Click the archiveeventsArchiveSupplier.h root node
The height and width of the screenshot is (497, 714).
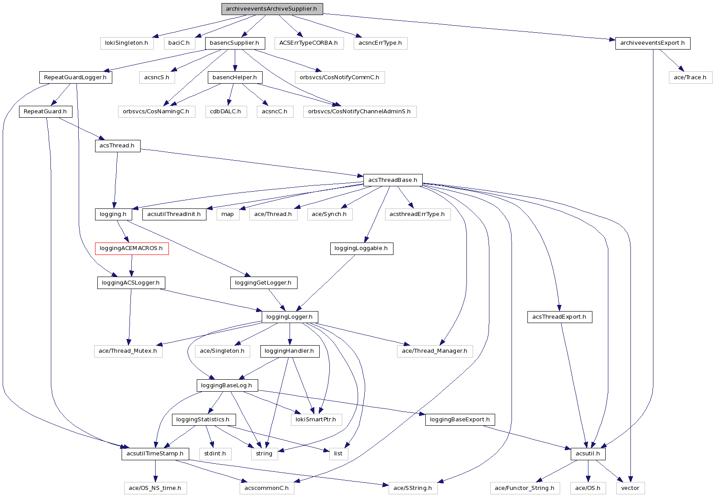(x=271, y=9)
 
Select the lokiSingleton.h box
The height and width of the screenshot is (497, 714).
(x=126, y=43)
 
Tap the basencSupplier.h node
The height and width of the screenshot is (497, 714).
(x=234, y=43)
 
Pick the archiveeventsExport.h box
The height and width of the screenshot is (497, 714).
(x=652, y=43)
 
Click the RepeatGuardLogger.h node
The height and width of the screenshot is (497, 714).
(x=75, y=77)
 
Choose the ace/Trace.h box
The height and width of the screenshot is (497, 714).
(x=690, y=77)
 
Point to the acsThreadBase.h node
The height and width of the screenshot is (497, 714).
(x=393, y=180)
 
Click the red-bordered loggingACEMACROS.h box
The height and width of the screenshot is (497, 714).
(x=131, y=248)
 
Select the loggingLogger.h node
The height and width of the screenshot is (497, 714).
(x=290, y=317)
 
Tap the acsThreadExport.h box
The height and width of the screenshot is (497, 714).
(x=559, y=317)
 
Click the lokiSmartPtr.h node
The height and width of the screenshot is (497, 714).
(x=316, y=420)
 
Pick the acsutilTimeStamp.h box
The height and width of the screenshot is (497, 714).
(x=155, y=454)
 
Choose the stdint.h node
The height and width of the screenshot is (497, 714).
(x=215, y=454)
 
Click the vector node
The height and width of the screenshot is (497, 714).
(x=630, y=488)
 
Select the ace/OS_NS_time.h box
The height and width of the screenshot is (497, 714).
(x=155, y=488)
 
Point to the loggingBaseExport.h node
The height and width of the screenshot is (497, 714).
(x=460, y=420)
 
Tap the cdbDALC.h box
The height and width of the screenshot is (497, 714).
(x=225, y=112)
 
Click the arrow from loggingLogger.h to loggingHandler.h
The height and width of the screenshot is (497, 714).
(x=290, y=334)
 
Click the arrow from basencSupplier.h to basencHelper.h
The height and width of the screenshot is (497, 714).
(x=234, y=60)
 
